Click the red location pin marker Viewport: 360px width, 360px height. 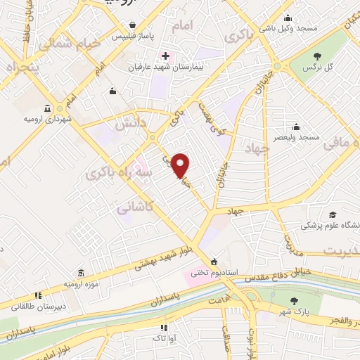coord(181,165)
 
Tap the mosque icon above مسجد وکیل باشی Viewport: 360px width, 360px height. coord(287,19)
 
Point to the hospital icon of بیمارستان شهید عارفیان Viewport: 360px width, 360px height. coord(165,56)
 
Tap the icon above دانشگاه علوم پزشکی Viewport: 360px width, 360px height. coord(332,215)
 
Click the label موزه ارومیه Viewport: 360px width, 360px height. coord(79,283)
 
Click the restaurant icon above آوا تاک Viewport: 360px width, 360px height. coord(164,328)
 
